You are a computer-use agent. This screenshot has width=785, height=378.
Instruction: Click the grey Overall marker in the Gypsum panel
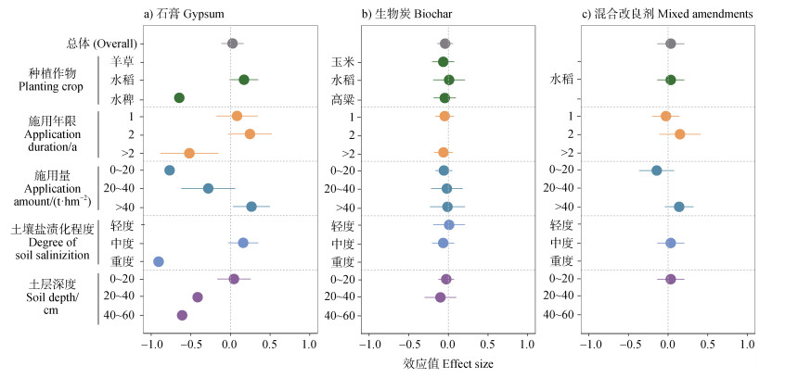coord(232,44)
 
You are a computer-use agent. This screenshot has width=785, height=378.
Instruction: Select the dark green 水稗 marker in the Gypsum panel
coord(179,98)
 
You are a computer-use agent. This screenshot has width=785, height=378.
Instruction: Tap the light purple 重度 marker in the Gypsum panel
coord(159,261)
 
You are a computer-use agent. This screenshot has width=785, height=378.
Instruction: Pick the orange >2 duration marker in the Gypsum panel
coord(189,153)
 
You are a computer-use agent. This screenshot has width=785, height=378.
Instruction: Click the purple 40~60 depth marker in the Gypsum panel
coord(182,315)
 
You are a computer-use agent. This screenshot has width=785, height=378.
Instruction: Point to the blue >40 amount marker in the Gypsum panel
coord(251,207)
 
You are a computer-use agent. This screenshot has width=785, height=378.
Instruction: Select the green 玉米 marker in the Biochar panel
coord(444,62)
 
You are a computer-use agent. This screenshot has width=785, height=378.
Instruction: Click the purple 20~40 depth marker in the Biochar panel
coord(441,297)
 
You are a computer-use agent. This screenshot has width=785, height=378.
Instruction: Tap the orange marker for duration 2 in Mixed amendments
coord(679,134)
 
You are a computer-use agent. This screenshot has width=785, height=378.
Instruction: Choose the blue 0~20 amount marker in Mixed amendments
coord(657,170)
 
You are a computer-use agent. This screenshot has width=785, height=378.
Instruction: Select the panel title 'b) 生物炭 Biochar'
coord(405,13)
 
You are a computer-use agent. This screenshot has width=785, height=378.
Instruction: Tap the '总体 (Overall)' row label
coord(102,44)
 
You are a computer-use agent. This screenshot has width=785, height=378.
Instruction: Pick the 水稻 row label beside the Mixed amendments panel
coord(562,80)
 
